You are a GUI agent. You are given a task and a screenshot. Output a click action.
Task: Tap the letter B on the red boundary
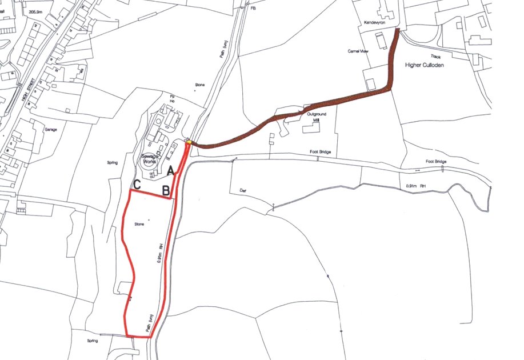166,190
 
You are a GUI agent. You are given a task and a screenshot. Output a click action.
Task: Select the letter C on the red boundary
137,185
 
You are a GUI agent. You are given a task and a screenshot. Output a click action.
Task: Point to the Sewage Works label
150,159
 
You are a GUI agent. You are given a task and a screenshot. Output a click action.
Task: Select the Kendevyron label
375,22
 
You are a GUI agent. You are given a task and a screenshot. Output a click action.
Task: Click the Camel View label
358,51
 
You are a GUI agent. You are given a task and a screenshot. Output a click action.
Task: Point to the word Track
436,57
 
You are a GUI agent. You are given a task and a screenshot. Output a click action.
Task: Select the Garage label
50,130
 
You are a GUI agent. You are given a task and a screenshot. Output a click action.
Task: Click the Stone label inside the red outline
139,225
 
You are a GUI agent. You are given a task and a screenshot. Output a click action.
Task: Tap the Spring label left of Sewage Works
111,163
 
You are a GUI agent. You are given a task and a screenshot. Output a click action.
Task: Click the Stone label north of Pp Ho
199,85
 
